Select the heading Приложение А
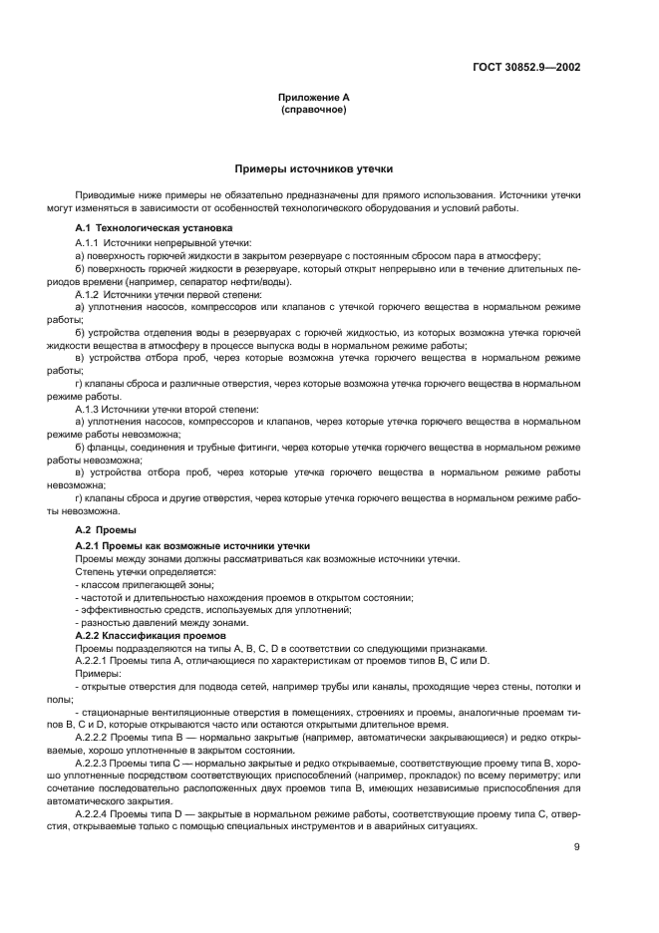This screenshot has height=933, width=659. tap(314, 98)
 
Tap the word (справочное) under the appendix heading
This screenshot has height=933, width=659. tap(314, 109)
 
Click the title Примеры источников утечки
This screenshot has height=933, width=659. tap(314, 169)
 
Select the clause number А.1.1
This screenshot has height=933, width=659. tap(88, 242)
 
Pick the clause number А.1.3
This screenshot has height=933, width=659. tap(88, 409)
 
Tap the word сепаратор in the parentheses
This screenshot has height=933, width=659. tap(174, 282)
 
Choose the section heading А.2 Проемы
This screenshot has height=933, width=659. tap(106, 529)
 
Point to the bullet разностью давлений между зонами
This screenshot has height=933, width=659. tap(148, 623)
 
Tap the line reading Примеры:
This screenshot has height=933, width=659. tap(97, 673)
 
